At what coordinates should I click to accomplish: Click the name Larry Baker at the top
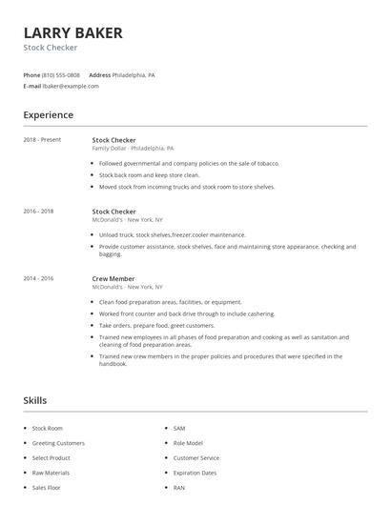(x=73, y=33)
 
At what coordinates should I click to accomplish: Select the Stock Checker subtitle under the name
(x=51, y=48)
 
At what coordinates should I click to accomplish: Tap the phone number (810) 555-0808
(x=62, y=74)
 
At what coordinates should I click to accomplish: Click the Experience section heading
(x=49, y=115)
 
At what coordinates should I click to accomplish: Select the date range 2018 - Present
(x=42, y=140)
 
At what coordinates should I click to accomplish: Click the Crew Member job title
(x=113, y=278)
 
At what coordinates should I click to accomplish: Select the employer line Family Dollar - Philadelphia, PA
(x=133, y=149)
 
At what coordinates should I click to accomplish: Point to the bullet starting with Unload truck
(x=172, y=234)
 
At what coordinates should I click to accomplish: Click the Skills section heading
(x=35, y=401)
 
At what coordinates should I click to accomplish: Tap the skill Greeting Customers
(x=58, y=443)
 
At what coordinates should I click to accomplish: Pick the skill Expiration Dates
(x=195, y=472)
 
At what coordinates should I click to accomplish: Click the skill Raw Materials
(x=51, y=472)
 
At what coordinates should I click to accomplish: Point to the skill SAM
(x=179, y=429)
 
